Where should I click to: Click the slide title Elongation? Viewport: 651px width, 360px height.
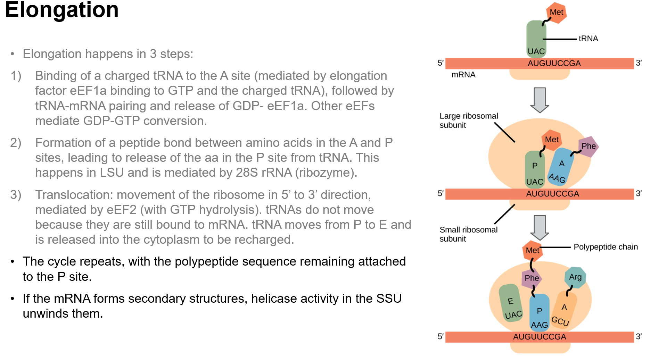coord(62,10)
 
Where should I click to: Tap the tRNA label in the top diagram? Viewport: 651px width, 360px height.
coord(588,39)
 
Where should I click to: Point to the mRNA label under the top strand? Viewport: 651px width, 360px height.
coord(463,75)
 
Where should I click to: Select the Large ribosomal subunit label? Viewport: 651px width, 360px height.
coord(468,120)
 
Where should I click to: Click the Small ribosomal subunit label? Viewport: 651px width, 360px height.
coord(468,234)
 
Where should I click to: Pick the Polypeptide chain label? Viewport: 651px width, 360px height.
coord(605,247)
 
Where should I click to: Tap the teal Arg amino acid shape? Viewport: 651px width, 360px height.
coord(575,277)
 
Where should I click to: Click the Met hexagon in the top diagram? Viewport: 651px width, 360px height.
coord(556,12)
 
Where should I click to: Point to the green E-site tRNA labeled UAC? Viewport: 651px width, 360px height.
coord(511,303)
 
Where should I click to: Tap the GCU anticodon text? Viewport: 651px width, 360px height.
coord(560,321)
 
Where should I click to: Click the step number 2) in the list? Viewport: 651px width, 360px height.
coord(16,143)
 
